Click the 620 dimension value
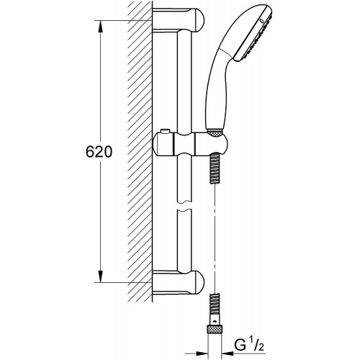point(99,152)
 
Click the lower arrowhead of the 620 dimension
point(101,276)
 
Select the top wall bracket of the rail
point(178,19)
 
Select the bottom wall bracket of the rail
point(178,282)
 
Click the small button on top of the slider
point(166,131)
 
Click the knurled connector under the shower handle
point(214,133)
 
